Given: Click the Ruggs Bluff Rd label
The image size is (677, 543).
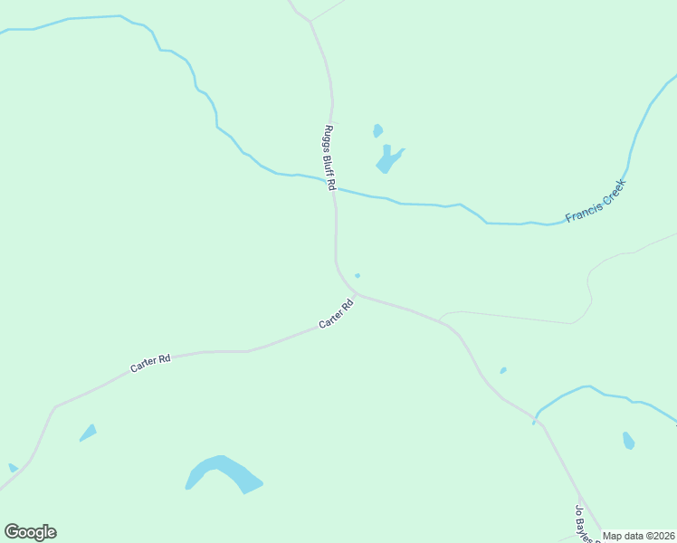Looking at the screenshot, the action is point(329,157).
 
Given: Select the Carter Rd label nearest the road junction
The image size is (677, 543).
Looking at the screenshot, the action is point(335,314).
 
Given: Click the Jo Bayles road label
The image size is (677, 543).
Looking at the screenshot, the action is point(583,524).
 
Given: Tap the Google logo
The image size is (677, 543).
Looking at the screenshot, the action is point(31,532).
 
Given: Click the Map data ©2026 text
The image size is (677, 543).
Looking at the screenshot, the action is point(639,536).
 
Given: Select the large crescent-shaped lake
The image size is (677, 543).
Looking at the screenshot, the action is point(223,473).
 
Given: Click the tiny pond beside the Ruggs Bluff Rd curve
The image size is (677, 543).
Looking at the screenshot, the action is point(358,275).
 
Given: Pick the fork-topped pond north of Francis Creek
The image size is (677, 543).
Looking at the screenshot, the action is point(388,160).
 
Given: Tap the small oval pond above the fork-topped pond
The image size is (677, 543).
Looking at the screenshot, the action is point(377,131).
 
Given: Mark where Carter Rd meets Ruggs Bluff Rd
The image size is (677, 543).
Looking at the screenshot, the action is point(355,294).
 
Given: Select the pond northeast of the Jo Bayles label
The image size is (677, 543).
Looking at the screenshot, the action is point(628,441).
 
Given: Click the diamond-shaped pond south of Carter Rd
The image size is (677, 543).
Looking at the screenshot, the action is point(88,433).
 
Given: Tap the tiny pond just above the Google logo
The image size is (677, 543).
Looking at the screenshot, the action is point(13,468).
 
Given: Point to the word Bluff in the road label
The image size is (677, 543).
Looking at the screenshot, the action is point(329,159).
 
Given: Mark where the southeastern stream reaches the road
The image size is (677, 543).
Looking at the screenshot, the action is point(536,419).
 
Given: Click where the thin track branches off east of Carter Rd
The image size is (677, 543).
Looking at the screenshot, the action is point(440,320).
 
